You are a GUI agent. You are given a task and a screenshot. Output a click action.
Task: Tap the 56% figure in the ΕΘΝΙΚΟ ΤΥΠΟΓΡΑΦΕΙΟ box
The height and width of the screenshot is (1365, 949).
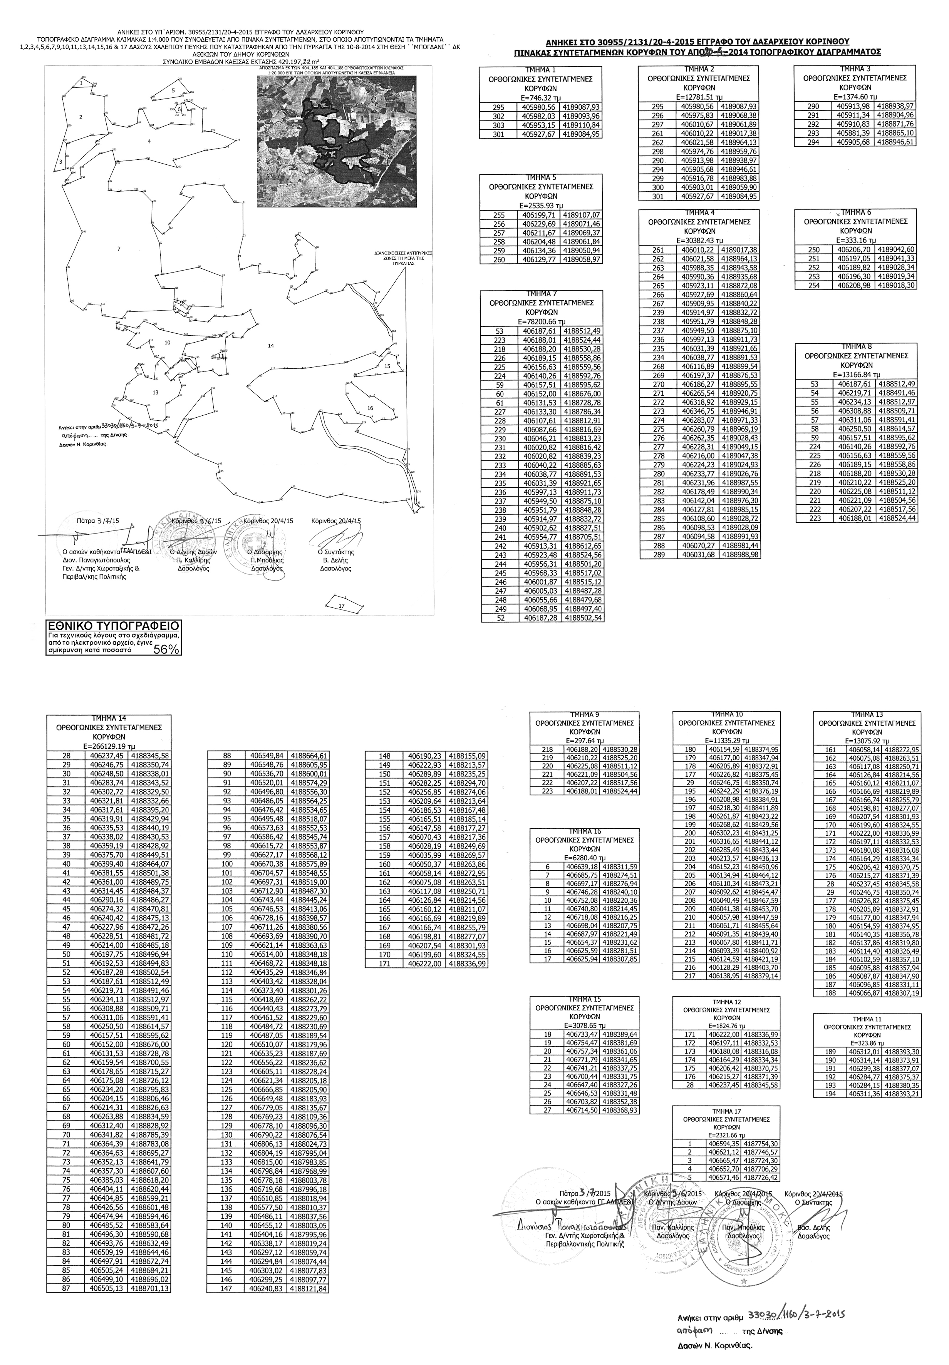coord(166,649)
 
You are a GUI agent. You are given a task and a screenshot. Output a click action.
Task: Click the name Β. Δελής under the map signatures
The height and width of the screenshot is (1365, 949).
coord(335,560)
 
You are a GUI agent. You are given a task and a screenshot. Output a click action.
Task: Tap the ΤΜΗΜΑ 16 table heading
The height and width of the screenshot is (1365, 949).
coord(585,831)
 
